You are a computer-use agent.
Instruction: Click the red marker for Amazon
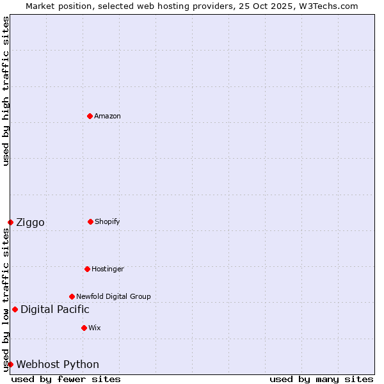click(90, 116)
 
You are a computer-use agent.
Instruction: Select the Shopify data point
click(90, 221)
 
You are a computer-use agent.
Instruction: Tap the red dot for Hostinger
click(87, 269)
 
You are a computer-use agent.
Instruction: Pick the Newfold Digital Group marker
click(72, 296)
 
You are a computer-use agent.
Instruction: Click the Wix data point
click(84, 328)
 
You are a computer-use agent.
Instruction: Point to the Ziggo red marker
click(10, 222)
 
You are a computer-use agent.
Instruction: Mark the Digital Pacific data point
click(15, 309)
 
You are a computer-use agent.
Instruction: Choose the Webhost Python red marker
click(10, 364)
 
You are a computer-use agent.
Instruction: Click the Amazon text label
click(108, 116)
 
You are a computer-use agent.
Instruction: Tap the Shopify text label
click(108, 221)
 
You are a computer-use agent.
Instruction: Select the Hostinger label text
click(108, 269)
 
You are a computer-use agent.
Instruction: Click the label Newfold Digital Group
click(113, 296)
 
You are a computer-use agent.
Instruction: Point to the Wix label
click(95, 328)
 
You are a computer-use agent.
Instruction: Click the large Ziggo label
click(30, 223)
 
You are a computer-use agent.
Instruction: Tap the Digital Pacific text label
click(55, 310)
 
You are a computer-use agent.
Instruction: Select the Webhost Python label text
click(58, 365)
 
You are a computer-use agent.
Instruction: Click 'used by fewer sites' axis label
click(66, 379)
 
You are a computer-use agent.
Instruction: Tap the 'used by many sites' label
click(321, 379)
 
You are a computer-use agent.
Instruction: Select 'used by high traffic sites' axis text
click(6, 92)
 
